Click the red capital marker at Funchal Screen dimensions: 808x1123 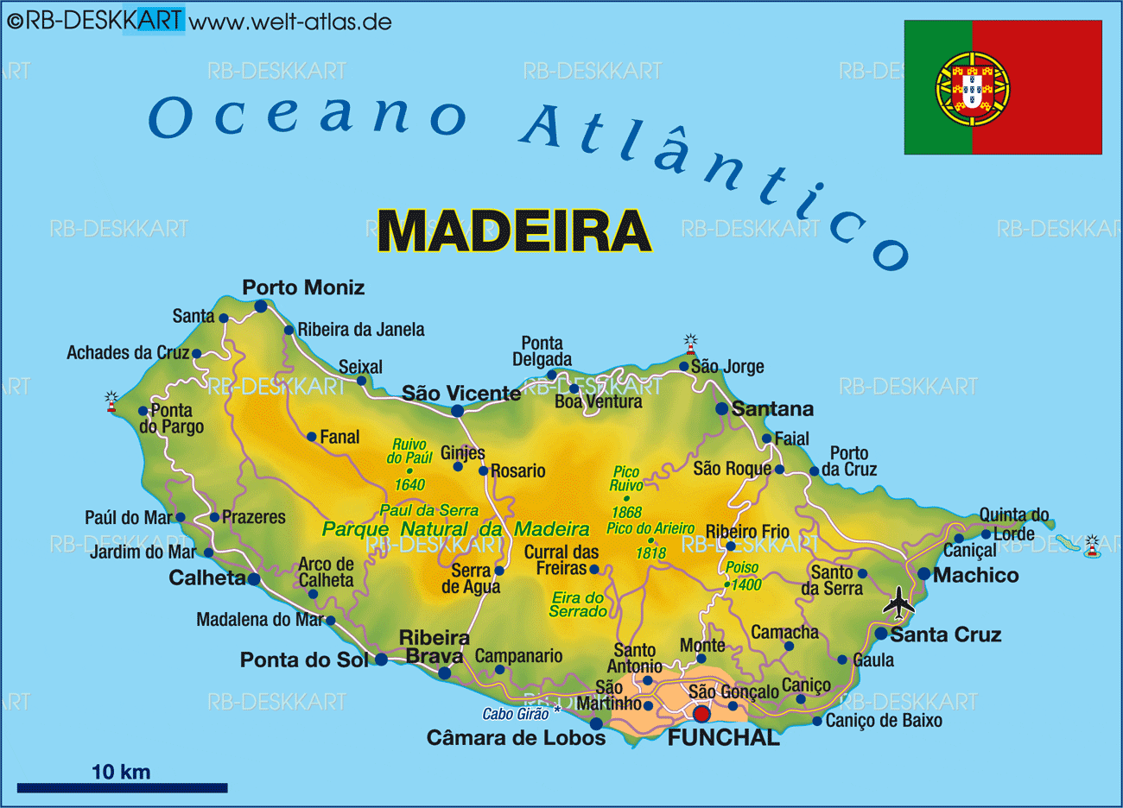[701, 714]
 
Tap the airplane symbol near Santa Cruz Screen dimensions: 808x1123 [898, 603]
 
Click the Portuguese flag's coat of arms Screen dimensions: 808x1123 [973, 86]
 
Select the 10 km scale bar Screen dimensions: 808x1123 [122, 787]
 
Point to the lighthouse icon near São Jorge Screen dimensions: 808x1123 [690, 344]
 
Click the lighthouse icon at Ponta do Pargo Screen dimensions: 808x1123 [111, 401]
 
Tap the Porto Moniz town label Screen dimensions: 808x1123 [303, 287]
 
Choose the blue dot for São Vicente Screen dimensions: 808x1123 [458, 411]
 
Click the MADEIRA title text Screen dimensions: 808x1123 [514, 230]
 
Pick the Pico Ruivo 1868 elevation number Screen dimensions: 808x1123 [626, 513]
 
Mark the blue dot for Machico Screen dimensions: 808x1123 [923, 574]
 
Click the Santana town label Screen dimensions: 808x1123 [772, 409]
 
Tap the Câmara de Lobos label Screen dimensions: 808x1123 [516, 738]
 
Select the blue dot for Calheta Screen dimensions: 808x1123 [254, 579]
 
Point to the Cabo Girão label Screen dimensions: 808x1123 [516, 714]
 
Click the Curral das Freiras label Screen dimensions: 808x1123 [561, 560]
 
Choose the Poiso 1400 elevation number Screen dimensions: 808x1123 [746, 585]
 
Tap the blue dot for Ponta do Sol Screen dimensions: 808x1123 [381, 660]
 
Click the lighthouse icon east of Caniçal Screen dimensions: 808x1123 [1093, 546]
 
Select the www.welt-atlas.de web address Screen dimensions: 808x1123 [290, 22]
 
